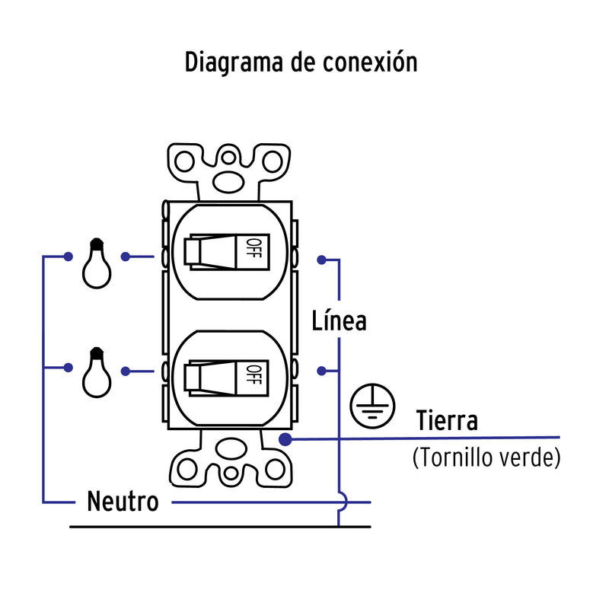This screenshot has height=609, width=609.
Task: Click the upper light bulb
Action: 97,264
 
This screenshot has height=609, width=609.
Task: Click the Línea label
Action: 340,320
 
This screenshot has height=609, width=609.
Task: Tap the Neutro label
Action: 123,502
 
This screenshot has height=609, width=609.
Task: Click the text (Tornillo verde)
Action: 486,458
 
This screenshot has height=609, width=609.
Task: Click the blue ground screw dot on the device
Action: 285,439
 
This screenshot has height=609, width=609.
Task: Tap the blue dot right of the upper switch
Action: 323,260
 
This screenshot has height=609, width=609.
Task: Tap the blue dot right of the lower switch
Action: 323,371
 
